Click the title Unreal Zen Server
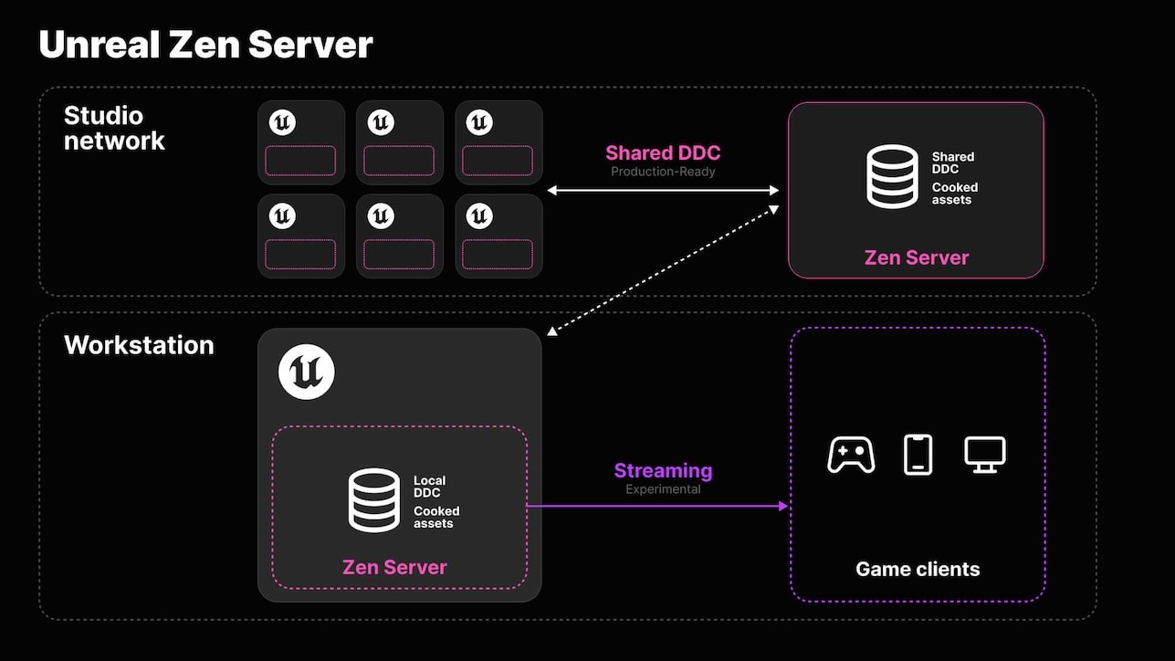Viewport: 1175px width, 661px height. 205,45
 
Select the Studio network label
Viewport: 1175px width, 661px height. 114,128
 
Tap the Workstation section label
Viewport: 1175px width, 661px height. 139,345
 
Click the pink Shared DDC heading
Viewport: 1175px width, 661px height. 663,153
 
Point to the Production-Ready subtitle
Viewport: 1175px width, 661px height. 663,172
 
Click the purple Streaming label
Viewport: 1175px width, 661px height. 663,471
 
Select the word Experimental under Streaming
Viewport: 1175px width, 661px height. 663,489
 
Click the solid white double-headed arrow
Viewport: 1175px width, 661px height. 663,190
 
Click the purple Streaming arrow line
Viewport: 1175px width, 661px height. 657,505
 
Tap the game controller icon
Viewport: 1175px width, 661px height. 851,455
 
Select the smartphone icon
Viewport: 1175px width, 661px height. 918,455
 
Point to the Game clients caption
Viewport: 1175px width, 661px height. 918,570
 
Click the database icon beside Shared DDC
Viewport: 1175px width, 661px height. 892,176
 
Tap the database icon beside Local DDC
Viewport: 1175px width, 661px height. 374,499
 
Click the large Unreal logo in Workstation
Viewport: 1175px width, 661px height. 307,372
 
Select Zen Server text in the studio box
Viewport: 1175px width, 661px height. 917,257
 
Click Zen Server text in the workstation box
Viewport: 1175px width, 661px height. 394,567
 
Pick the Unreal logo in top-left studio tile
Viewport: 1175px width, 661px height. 282,122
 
